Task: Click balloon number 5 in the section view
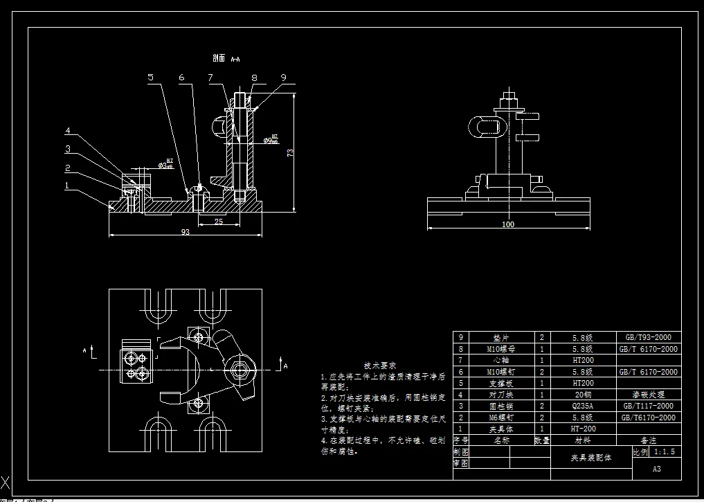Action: [151, 78]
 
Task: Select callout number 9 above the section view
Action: [283, 78]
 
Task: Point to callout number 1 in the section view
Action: [66, 186]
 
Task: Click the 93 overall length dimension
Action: [186, 232]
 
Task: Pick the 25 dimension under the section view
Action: [218, 222]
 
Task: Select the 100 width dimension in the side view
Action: [508, 224]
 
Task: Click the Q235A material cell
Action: [582, 406]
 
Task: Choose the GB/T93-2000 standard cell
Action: [648, 338]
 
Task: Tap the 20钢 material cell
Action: [582, 395]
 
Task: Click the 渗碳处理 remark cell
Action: [648, 395]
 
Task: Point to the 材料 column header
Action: [582, 440]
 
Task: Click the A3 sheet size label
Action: [656, 469]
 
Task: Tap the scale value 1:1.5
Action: [664, 451]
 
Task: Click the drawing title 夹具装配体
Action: [591, 458]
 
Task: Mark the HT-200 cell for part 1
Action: [582, 429]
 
